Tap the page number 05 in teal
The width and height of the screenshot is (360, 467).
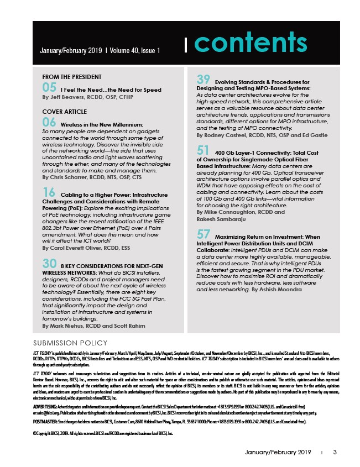(x=49, y=87)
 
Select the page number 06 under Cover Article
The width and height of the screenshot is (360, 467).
(x=49, y=121)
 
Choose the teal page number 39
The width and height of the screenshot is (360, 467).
(x=204, y=80)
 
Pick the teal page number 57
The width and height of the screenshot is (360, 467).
(x=204, y=234)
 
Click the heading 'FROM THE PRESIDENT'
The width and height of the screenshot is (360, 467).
(x=72, y=77)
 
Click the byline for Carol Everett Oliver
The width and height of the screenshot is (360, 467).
(x=83, y=248)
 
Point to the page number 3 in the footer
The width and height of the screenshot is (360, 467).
(x=335, y=453)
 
